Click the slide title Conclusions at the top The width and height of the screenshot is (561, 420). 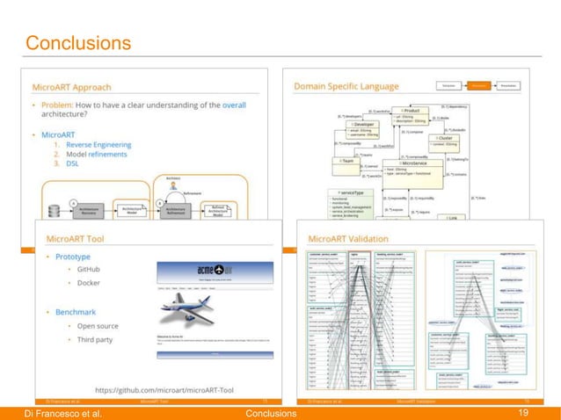[78, 43]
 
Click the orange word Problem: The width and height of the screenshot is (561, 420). [73, 106]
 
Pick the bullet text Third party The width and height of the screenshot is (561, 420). [98, 339]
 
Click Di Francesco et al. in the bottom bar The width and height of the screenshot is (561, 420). [57, 412]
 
